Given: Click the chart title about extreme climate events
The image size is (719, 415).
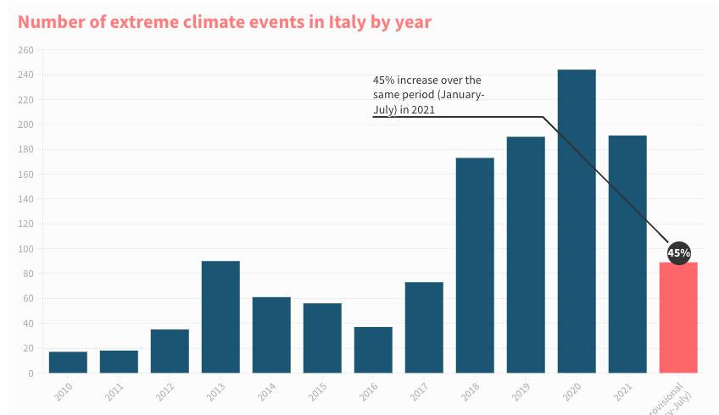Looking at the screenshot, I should tap(225, 22).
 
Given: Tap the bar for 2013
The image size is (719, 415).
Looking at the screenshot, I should tap(220, 317).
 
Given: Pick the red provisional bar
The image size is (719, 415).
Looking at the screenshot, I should tap(678, 318).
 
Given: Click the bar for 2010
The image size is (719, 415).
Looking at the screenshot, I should tap(68, 362).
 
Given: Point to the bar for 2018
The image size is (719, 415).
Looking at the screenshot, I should tap(475, 265).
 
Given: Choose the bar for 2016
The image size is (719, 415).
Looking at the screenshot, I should tap(373, 350).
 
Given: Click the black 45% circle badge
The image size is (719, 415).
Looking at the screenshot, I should tap(679, 252).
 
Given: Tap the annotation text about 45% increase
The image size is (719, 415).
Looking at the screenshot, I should tap(428, 94).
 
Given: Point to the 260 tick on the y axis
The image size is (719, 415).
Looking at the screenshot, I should tap(25, 50).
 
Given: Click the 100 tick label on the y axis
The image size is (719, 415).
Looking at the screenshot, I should tap(25, 249).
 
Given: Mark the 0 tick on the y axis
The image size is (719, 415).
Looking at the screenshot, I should tap(31, 373).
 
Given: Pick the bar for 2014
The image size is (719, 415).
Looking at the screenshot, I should tap(271, 335).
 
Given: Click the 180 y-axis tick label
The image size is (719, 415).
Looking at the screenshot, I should tap(25, 150).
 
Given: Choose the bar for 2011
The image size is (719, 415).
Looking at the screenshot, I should tap(119, 362).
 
